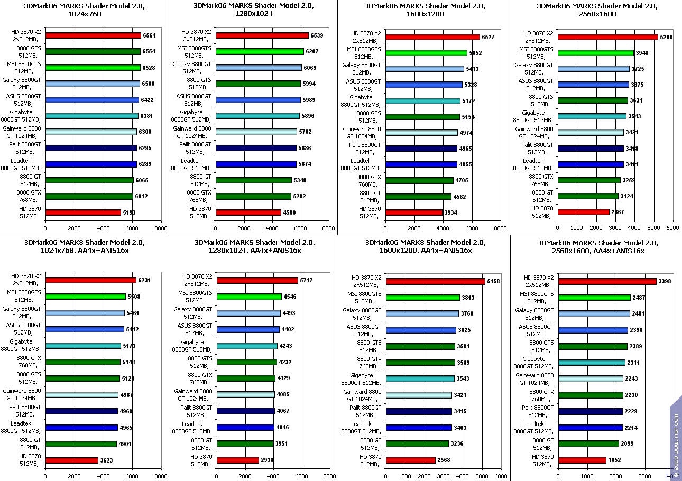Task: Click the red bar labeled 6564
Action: point(93,35)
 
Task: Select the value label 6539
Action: point(318,35)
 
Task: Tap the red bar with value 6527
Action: point(432,37)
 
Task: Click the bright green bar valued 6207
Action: point(260,52)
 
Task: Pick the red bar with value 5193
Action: point(83,212)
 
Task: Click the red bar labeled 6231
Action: point(91,280)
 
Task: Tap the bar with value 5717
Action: point(257,280)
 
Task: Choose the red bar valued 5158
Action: point(436,281)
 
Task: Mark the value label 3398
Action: point(665,281)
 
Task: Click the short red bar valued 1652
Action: point(582,460)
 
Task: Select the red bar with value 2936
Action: point(238,460)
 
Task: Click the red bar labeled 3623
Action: point(72,460)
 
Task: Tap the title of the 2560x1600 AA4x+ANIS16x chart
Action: point(590,247)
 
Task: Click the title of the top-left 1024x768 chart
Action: point(84,10)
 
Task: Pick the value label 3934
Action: point(451,212)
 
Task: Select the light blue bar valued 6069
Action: point(259,68)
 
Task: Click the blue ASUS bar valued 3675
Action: point(593,85)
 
